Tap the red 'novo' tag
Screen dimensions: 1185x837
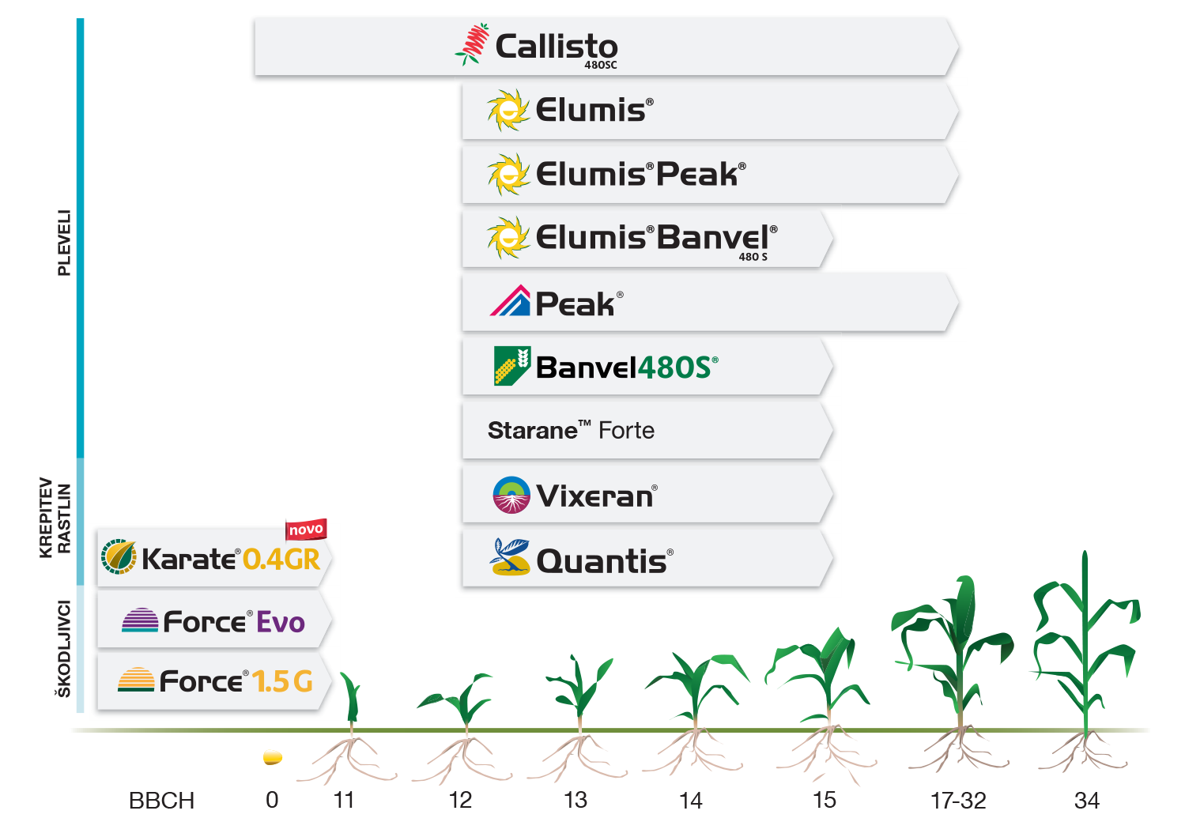click(x=306, y=529)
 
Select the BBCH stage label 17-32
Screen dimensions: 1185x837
click(x=959, y=801)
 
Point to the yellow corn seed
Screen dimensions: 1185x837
click(x=273, y=758)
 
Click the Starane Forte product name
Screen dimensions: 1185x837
click(x=571, y=430)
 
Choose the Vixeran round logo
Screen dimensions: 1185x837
click(x=511, y=496)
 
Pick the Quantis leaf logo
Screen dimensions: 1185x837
click(x=509, y=557)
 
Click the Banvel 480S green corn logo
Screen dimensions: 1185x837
click(x=512, y=366)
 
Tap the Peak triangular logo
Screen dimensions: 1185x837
click(x=510, y=300)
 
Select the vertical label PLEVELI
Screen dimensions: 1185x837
click(x=64, y=243)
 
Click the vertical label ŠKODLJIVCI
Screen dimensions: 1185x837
click(x=64, y=649)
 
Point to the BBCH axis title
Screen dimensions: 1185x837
click(x=161, y=801)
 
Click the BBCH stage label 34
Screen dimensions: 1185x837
click(x=1087, y=801)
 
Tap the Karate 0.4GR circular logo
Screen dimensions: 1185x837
click(x=119, y=556)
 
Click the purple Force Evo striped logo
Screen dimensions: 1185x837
click(x=140, y=620)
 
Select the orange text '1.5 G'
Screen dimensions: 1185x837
click(x=282, y=681)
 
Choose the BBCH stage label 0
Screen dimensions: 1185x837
click(x=272, y=801)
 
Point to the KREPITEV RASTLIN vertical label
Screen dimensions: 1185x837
click(x=55, y=518)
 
